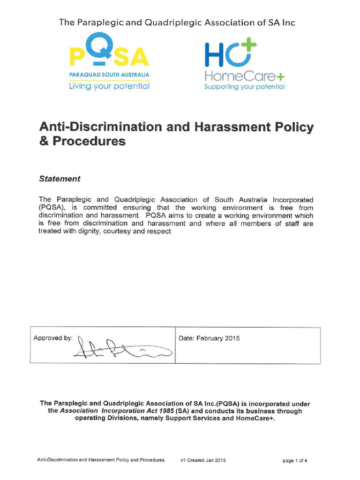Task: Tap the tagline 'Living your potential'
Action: point(109,86)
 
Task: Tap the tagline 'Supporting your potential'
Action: point(244,87)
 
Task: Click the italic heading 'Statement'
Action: point(60,179)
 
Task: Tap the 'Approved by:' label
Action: point(53,338)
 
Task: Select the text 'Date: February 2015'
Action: point(210,338)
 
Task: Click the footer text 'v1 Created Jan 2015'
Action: point(203,460)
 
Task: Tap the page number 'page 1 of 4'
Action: point(295,460)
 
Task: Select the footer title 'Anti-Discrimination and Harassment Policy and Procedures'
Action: point(101,460)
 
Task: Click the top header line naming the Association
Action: point(177,22)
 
